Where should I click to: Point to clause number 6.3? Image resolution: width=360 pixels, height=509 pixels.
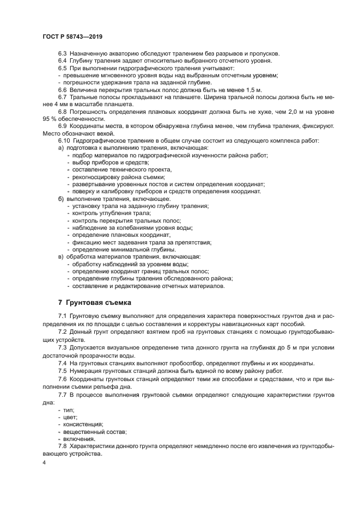tap(62, 54)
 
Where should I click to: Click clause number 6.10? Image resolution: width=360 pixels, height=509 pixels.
tap(64, 140)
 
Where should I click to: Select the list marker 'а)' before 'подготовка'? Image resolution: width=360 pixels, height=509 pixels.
tap(61, 148)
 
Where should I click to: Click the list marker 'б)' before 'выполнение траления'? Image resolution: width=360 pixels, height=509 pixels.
tap(61, 199)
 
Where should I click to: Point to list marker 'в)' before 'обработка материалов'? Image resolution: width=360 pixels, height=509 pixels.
tap(61, 256)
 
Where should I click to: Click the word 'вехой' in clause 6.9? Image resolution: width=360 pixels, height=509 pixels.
tap(106, 133)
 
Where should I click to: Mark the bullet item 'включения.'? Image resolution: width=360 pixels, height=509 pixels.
tap(80, 438)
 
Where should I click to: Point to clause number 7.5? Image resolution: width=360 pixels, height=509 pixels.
tap(62, 371)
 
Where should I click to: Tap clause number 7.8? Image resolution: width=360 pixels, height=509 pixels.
tap(62, 446)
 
